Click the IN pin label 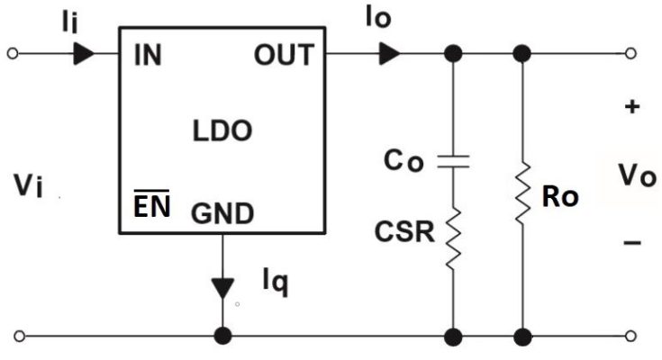148,56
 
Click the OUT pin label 283,56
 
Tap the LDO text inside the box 222,131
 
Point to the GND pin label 222,213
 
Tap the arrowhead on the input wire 84,54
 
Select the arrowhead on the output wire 389,54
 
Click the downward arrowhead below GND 221,289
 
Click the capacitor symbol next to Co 453,161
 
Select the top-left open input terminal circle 13,54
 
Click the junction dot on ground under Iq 221,337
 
